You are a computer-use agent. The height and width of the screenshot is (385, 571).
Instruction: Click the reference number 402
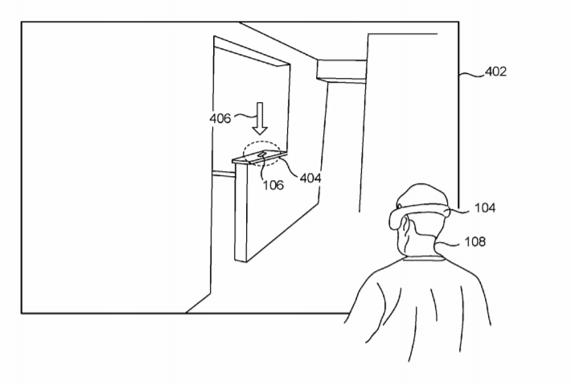pyautogui.click(x=495, y=72)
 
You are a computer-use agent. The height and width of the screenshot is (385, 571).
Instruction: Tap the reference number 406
pyautogui.click(x=220, y=118)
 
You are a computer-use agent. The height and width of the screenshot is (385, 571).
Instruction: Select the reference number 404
pyautogui.click(x=310, y=178)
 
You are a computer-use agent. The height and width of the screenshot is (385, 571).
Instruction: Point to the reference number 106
pyautogui.click(x=273, y=185)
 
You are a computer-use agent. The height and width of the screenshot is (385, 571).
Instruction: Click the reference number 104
pyautogui.click(x=485, y=208)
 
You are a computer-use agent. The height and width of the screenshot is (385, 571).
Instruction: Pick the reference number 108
pyautogui.click(x=475, y=241)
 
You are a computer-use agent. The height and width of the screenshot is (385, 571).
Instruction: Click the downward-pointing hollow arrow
pyautogui.click(x=260, y=119)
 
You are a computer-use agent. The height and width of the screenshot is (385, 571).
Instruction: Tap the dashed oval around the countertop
pyautogui.click(x=262, y=141)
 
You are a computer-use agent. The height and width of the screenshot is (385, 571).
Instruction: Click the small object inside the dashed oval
pyautogui.click(x=262, y=155)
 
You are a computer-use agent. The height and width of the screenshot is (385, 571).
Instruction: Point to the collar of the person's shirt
pyautogui.click(x=424, y=258)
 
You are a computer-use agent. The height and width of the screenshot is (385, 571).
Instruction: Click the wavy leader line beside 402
pyautogui.click(x=472, y=75)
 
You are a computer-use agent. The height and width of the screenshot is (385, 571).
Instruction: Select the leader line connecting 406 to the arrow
pyautogui.click(x=245, y=116)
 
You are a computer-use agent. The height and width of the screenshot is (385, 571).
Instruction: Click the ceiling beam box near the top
pyautogui.click(x=342, y=70)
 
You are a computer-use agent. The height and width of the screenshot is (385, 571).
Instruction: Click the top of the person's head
pyautogui.click(x=422, y=186)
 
